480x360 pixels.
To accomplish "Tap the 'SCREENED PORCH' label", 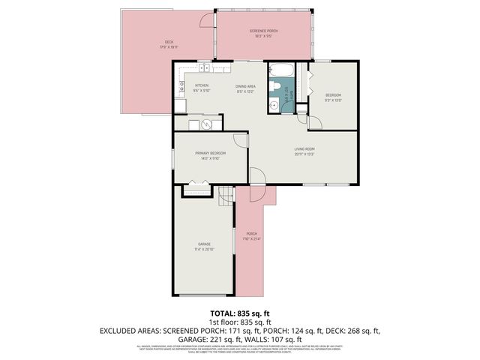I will (x=263, y=31).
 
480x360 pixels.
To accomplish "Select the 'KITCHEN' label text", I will (x=202, y=85).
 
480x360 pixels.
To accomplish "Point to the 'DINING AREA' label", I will (x=246, y=85).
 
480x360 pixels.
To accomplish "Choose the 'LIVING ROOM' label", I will (x=304, y=148).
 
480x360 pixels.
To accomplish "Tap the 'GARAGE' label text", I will (x=204, y=244).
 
